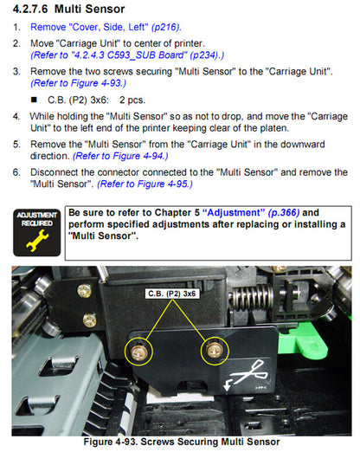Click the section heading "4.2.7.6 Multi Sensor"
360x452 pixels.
tap(68, 9)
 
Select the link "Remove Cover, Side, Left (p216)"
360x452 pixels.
tap(106, 27)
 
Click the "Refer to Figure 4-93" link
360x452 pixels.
tap(79, 83)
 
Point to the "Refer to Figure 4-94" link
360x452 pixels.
tap(120, 156)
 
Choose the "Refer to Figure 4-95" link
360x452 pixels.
tap(145, 184)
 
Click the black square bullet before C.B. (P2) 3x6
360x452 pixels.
tap(34, 100)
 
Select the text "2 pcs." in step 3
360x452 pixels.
tap(132, 100)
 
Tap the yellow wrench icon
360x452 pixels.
tap(37, 240)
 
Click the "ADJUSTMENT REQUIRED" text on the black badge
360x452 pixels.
tap(37, 219)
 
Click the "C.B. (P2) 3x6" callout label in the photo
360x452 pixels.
tap(172, 294)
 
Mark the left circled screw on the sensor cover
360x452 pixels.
tap(138, 352)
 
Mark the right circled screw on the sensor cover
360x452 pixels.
tap(215, 351)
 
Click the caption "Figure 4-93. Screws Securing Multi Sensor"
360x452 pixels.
tap(182, 442)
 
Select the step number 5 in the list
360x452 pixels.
tap(16, 145)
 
